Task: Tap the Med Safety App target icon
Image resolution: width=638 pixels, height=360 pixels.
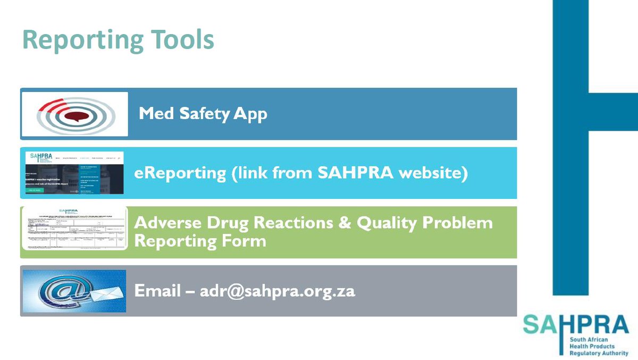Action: click(x=74, y=114)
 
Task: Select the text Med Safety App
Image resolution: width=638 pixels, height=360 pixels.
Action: click(x=203, y=114)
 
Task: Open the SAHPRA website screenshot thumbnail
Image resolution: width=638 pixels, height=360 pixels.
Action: click(x=74, y=172)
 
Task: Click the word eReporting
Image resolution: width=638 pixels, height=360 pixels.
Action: click(x=179, y=174)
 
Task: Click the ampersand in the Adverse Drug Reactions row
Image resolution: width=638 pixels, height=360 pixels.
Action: click(x=344, y=223)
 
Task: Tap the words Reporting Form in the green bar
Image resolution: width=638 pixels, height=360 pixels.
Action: click(x=200, y=240)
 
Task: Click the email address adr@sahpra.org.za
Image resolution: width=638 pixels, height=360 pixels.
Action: click(x=277, y=292)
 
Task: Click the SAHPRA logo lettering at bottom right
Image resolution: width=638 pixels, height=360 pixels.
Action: click(x=576, y=323)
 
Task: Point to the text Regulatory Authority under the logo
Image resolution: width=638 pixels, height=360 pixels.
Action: click(x=599, y=353)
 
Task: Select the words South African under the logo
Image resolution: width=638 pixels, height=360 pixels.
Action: click(x=591, y=339)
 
